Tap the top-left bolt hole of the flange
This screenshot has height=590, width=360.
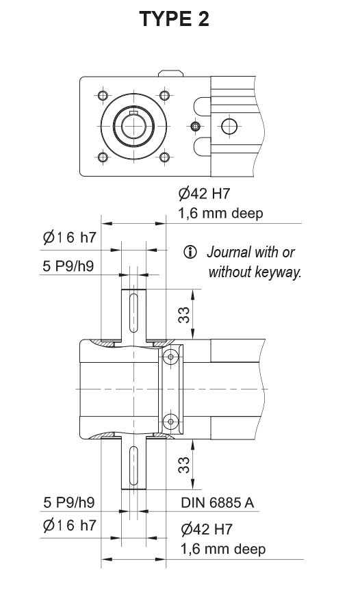point(103,95)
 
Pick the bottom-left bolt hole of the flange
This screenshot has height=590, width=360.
point(103,157)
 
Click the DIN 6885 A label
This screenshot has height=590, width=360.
point(217,502)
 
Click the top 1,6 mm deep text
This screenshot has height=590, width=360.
point(220,214)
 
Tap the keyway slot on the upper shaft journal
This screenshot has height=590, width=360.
point(133,313)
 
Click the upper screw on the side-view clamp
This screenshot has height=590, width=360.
point(171,355)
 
